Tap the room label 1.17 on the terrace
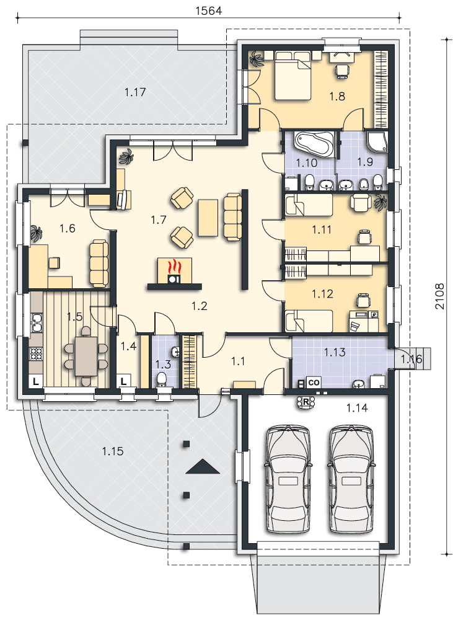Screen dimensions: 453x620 click(x=135, y=92)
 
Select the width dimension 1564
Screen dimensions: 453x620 click(x=209, y=11)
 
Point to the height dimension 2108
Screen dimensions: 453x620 click(x=439, y=296)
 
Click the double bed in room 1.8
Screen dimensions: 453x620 click(x=293, y=75)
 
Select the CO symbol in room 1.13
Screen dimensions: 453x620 click(x=314, y=383)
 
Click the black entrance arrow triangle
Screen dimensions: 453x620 click(x=203, y=467)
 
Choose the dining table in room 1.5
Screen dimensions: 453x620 click(x=86, y=356)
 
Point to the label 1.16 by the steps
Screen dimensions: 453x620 click(x=412, y=359)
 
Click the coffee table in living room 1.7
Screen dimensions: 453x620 click(x=208, y=218)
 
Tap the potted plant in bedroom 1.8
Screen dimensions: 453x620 click(x=257, y=60)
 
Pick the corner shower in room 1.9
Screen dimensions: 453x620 click(x=377, y=142)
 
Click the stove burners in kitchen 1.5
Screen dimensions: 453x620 click(x=36, y=353)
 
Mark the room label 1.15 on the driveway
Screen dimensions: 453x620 click(x=113, y=451)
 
